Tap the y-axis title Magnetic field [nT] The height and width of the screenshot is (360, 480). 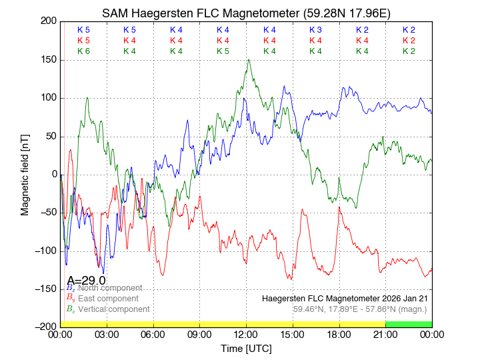(25, 173)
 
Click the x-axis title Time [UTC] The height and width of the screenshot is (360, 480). (246, 349)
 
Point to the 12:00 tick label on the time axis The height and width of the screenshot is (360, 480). (246, 335)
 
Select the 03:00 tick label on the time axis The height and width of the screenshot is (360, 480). (107, 335)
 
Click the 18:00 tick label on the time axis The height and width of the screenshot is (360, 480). (339, 335)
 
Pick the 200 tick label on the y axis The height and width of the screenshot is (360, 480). (48, 21)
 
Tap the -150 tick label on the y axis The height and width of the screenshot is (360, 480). (45, 289)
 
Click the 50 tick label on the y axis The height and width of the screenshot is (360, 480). (51, 136)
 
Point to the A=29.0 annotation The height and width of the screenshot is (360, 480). (86, 280)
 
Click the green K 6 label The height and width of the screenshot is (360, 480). (83, 51)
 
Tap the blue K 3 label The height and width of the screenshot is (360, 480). (315, 30)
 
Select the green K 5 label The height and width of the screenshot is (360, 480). (223, 51)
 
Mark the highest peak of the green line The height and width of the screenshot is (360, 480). (249, 60)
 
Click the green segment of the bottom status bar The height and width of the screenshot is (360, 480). (408, 324)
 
